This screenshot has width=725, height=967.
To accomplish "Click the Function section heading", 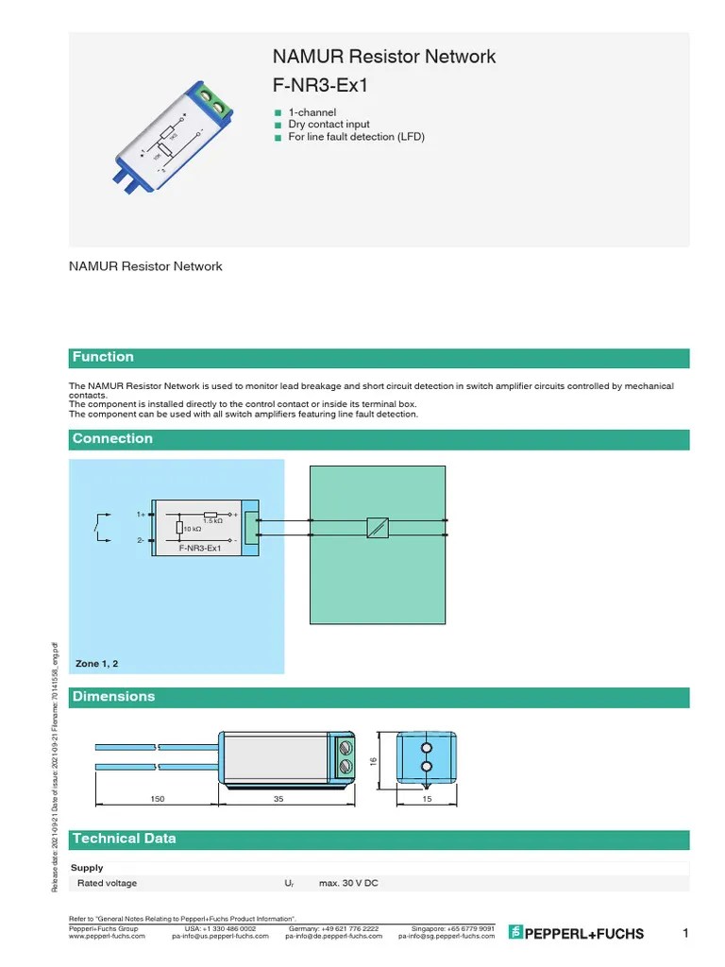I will click(104, 357).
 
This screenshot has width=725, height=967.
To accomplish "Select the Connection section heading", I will click(112, 438).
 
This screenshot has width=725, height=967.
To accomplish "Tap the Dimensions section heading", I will click(113, 697).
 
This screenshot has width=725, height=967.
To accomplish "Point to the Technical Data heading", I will click(124, 839).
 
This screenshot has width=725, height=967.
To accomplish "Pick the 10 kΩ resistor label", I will click(193, 529).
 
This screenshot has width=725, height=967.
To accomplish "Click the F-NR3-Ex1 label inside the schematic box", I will click(200, 548).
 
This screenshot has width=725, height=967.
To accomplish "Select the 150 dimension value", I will click(158, 799).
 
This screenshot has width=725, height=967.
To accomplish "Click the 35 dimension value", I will click(278, 799).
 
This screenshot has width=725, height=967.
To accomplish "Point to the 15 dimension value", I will click(426, 799).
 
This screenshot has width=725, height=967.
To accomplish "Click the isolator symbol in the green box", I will click(377, 528).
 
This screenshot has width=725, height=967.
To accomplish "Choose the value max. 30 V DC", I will click(348, 883).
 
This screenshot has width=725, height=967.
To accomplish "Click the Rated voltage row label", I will click(107, 883).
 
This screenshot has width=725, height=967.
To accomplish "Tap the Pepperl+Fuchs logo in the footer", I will click(577, 934).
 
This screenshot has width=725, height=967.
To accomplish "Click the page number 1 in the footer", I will click(686, 934).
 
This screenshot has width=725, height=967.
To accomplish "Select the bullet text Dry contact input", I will click(329, 125).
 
